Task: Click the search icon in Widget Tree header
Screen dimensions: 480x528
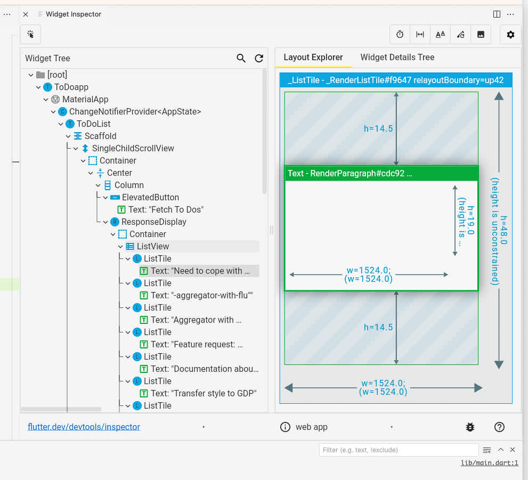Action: pyautogui.click(x=241, y=59)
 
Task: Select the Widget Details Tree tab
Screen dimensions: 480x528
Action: pyautogui.click(x=397, y=58)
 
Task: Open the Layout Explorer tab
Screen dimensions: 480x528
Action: pyautogui.click(x=313, y=58)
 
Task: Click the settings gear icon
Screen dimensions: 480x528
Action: pyautogui.click(x=510, y=35)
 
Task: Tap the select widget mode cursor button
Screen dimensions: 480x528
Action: pyautogui.click(x=30, y=35)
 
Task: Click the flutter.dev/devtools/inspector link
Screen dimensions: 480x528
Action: pyautogui.click(x=84, y=427)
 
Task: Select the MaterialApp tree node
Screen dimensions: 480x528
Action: pyautogui.click(x=85, y=99)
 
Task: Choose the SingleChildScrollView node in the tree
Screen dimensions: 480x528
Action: pyautogui.click(x=133, y=148)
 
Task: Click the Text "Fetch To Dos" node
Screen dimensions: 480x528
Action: pyautogui.click(x=166, y=209)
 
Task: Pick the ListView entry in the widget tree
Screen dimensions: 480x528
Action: pyautogui.click(x=152, y=246)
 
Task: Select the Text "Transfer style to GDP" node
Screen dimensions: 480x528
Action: pyautogui.click(x=204, y=393)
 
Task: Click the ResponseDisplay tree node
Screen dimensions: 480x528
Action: pyautogui.click(x=153, y=222)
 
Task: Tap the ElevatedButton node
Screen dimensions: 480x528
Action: pyautogui.click(x=150, y=197)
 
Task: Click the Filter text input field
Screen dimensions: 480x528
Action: pyautogui.click(x=398, y=450)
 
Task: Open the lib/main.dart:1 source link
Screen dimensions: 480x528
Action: pyautogui.click(x=489, y=463)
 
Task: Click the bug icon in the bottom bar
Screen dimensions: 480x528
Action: pyautogui.click(x=470, y=427)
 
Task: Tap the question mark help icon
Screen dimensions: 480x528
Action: pyautogui.click(x=499, y=427)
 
